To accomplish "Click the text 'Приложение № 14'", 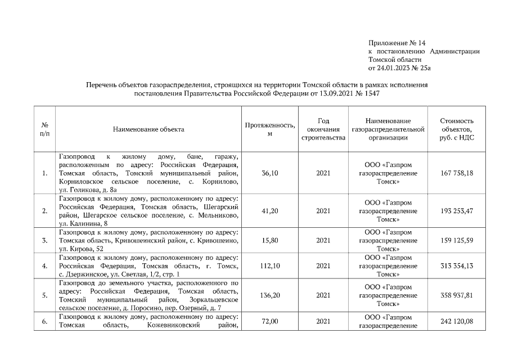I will click(x=397, y=43).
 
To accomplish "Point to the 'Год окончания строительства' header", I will click(x=323, y=129).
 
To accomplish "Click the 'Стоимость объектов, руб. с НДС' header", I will click(x=456, y=129).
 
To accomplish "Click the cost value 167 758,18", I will click(x=456, y=173).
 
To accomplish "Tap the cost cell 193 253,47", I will click(x=456, y=211).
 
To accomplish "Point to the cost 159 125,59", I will click(x=456, y=240).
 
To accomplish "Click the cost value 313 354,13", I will click(x=456, y=266).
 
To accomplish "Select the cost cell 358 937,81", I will click(x=456, y=295).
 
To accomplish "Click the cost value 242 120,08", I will click(x=456, y=321).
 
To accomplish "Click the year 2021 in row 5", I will click(x=323, y=295).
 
